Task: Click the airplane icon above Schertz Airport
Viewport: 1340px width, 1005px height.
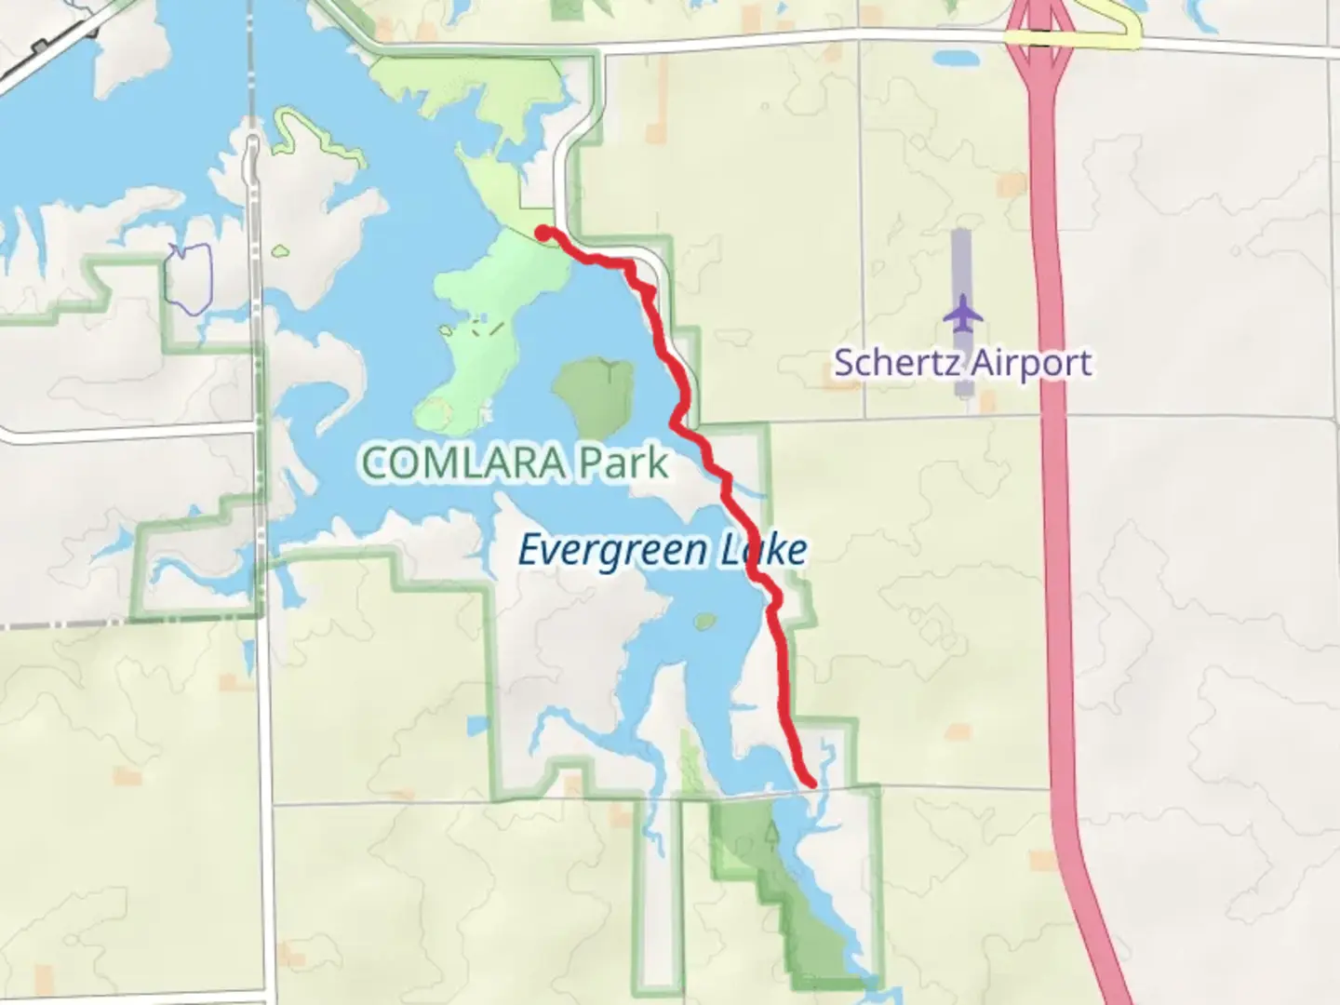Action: tap(963, 313)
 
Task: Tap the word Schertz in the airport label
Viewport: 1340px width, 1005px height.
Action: tap(892, 362)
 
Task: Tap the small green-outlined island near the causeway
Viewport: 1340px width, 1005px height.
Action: tap(279, 250)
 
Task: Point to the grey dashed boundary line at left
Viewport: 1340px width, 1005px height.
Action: tap(65, 624)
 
